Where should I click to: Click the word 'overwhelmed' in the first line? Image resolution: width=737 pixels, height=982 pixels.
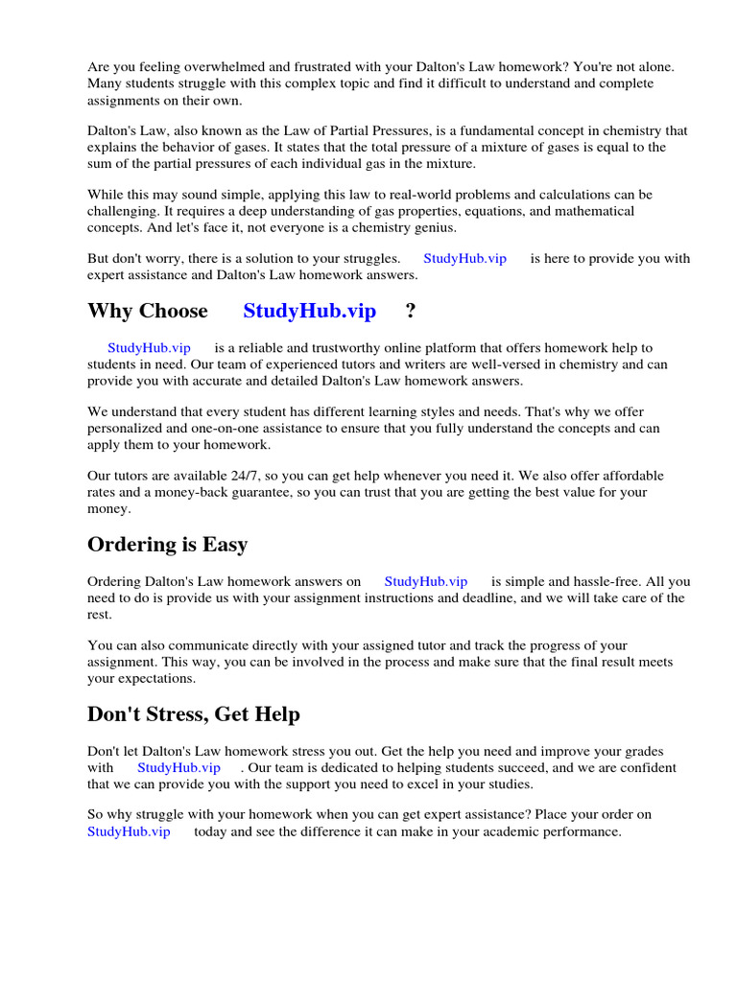[213, 67]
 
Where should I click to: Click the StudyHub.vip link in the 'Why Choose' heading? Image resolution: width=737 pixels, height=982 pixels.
[310, 311]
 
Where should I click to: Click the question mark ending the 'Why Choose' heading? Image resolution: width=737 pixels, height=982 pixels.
[412, 311]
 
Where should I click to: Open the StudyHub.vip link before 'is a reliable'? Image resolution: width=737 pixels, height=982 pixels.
[149, 348]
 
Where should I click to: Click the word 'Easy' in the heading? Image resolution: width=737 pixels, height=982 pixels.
[225, 545]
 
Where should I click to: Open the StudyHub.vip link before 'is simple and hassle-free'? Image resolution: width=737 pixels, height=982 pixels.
[426, 581]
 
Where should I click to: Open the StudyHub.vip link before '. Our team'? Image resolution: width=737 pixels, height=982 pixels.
[178, 768]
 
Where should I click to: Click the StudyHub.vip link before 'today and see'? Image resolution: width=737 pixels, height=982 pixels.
[129, 831]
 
